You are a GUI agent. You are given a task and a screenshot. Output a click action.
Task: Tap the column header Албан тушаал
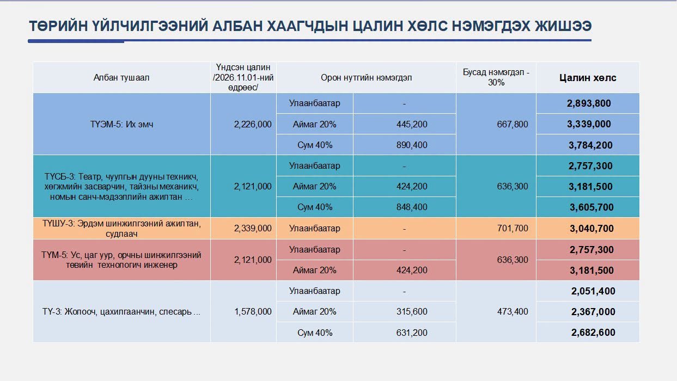tap(121, 78)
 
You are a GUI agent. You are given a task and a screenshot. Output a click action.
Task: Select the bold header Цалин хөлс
tap(588, 78)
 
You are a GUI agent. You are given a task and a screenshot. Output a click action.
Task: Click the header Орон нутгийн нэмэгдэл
tap(367, 78)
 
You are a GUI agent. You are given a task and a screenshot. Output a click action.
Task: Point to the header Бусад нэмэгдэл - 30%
tap(496, 77)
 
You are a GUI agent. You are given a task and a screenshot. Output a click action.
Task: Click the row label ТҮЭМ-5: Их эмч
tap(121, 124)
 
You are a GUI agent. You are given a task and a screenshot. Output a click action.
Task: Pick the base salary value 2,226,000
tap(253, 124)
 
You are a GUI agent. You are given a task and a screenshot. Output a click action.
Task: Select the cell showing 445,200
tap(412, 124)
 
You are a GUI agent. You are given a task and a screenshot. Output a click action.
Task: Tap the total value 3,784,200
tap(590, 145)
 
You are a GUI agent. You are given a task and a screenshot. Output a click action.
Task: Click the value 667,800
tap(513, 124)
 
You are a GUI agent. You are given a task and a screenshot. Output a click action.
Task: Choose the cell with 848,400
tap(412, 207)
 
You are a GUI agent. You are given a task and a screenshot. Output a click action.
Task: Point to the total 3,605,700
tap(591, 207)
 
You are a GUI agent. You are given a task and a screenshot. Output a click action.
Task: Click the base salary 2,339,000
tap(253, 228)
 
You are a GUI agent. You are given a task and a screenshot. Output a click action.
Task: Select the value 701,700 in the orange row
tap(513, 228)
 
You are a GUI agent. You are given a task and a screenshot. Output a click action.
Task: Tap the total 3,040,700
tap(591, 229)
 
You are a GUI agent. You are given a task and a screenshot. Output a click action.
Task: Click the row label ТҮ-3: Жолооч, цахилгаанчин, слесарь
tap(121, 311)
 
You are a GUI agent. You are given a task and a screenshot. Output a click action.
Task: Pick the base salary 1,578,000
tap(253, 311)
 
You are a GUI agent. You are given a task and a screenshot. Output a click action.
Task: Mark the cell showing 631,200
tap(412, 333)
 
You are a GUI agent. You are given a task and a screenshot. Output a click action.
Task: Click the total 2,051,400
tap(593, 291)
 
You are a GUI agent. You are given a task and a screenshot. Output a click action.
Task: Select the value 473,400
tap(513, 311)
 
